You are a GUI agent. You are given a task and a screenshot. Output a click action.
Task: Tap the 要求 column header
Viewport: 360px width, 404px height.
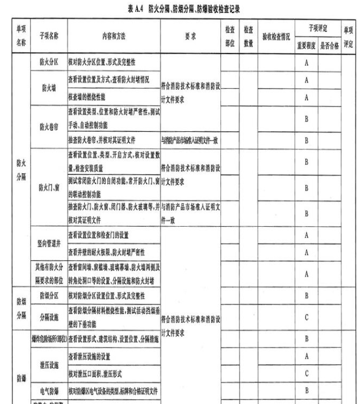pyautogui.click(x=190, y=35)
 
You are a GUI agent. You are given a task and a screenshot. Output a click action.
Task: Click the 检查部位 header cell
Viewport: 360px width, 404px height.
pyautogui.click(x=229, y=35)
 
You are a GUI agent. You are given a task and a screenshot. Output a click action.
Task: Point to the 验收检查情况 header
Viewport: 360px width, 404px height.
pyautogui.click(x=276, y=35)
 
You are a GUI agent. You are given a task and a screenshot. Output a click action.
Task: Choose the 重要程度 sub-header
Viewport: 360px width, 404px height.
pyautogui.click(x=307, y=45)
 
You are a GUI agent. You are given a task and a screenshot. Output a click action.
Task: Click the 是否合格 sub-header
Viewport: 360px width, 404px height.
pyautogui.click(x=329, y=45)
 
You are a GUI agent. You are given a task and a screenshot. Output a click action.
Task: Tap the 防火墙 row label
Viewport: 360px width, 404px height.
pyautogui.click(x=49, y=89)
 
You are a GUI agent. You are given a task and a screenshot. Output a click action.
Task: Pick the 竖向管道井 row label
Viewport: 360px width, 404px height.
pyautogui.click(x=49, y=242)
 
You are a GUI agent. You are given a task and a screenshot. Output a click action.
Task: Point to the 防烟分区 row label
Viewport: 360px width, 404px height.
pyautogui.click(x=49, y=296)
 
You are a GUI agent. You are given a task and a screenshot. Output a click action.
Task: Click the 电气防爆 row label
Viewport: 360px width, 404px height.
pyautogui.click(x=49, y=391)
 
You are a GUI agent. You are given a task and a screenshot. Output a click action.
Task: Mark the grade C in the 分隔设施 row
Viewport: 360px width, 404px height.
pyautogui.click(x=307, y=317)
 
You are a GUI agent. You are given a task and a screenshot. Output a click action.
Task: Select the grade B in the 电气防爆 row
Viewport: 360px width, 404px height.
pyautogui.click(x=307, y=391)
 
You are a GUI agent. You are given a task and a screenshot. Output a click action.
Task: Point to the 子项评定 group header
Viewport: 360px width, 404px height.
pyautogui.click(x=317, y=27)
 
